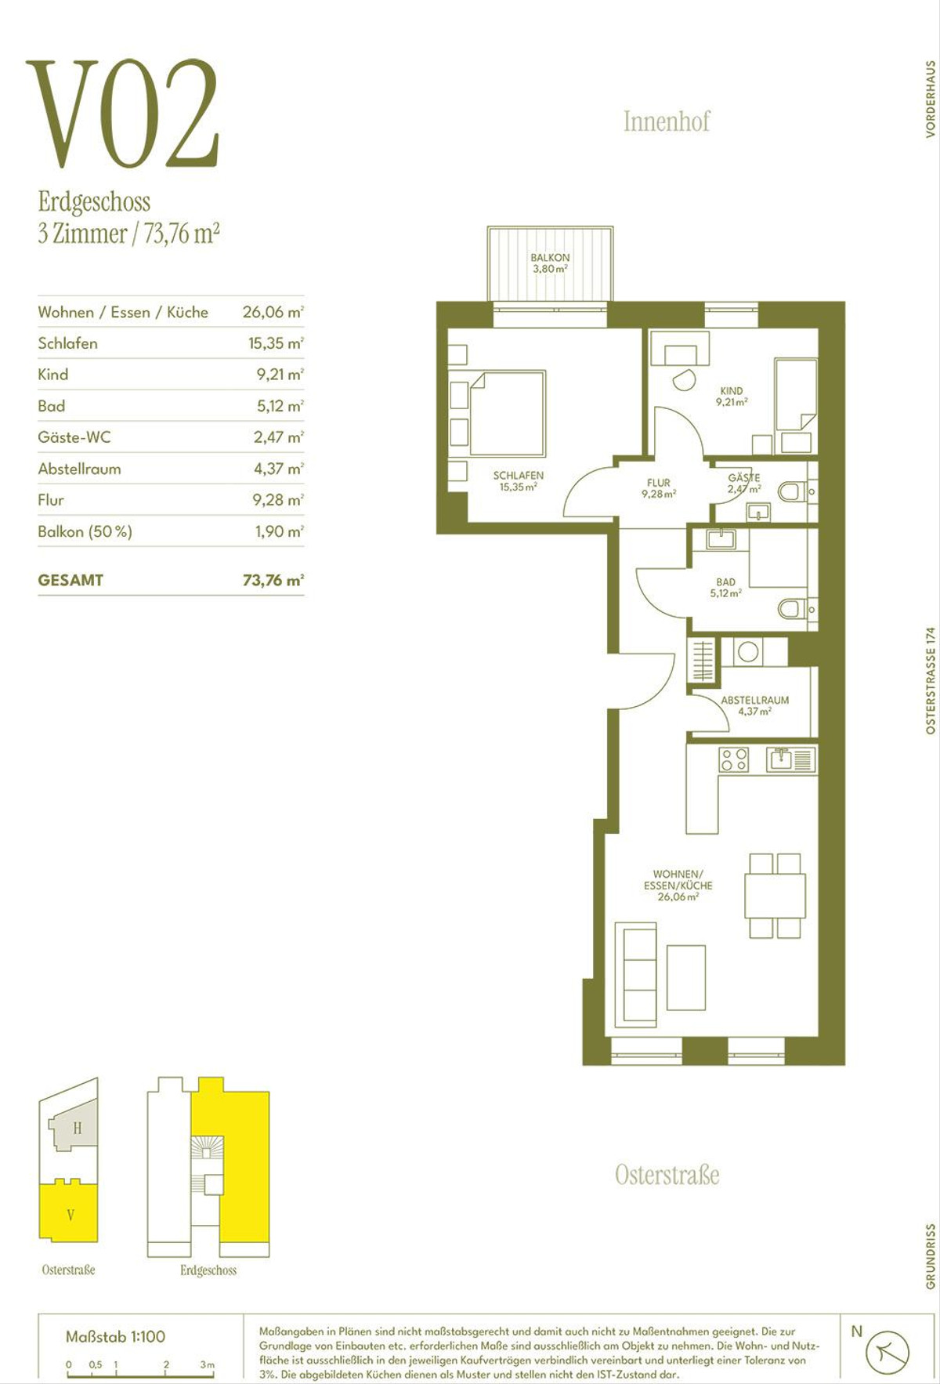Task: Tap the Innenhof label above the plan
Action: pos(667,121)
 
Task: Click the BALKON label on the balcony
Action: pos(550,257)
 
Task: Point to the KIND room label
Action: pos(732,390)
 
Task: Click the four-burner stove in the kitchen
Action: pos(734,759)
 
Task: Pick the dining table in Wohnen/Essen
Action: pos(775,895)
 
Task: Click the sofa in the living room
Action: pos(635,975)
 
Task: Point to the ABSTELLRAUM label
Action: pos(755,700)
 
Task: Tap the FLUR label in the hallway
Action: pos(659,483)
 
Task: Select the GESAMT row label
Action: pos(70,581)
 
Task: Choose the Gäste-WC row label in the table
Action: pos(74,437)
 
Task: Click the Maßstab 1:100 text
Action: pos(115,1337)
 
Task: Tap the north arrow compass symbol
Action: pos(887,1351)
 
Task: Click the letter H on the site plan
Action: pos(77,1129)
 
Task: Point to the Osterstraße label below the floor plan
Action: pos(667,1175)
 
